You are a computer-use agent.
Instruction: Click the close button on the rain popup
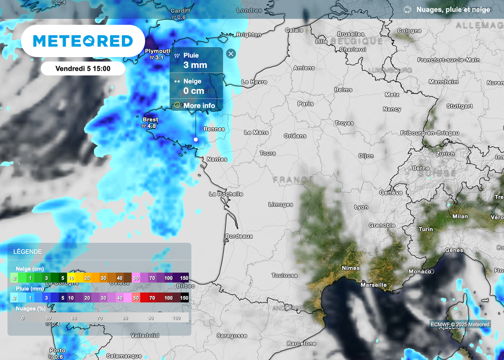[231, 54]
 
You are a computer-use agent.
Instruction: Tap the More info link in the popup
[199, 106]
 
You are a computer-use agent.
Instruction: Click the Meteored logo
[83, 41]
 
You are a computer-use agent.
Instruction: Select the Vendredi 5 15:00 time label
[83, 68]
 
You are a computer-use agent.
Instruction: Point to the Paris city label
[305, 104]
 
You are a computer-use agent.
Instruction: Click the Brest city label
[150, 120]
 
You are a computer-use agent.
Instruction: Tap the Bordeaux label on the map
[239, 236]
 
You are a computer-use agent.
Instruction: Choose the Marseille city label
[374, 285]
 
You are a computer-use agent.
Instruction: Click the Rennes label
[214, 129]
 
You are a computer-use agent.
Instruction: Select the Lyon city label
[361, 207]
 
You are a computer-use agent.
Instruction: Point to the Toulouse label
[284, 276]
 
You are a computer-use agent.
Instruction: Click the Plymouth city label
[158, 51]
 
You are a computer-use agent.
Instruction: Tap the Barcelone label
[301, 343]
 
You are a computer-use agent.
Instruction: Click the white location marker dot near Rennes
[195, 140]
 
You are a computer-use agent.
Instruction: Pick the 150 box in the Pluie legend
[184, 298]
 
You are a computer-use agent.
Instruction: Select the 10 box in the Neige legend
[71, 278]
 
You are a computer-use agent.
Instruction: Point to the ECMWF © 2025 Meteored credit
[460, 324]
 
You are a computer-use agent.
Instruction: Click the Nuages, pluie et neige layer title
[453, 9]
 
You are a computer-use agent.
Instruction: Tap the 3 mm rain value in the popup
[195, 65]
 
